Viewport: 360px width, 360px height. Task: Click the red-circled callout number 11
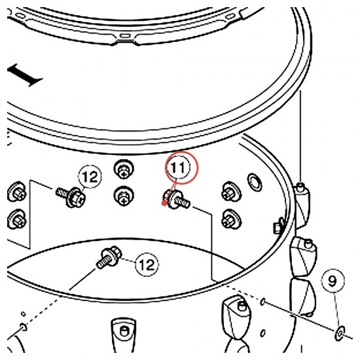tap(181, 168)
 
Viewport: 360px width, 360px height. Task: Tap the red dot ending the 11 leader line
tap(164, 203)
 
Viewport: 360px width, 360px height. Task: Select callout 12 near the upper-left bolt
tap(90, 177)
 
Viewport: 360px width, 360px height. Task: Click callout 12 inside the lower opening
tap(147, 264)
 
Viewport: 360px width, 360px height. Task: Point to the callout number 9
tap(333, 281)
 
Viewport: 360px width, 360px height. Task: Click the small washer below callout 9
tap(340, 333)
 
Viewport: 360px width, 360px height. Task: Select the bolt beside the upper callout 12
tap(71, 196)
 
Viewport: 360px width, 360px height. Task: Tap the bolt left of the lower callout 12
tap(109, 257)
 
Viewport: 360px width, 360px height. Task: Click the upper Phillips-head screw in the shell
tap(124, 170)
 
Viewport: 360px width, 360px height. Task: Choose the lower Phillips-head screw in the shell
tap(124, 197)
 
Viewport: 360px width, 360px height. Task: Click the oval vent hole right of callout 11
tap(255, 182)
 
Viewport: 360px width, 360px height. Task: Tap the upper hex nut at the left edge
tap(16, 192)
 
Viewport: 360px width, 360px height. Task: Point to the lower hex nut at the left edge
tap(16, 219)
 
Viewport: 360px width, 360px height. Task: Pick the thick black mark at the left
tap(24, 75)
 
